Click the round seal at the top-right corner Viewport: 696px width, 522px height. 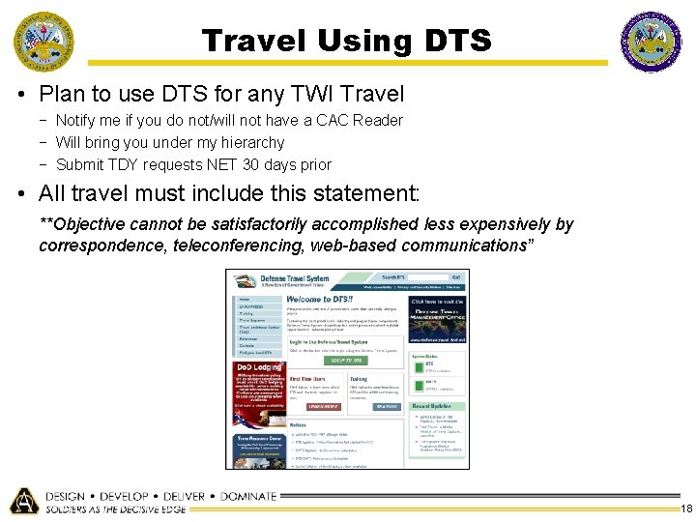pos(651,43)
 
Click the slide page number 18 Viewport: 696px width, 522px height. pos(686,509)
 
